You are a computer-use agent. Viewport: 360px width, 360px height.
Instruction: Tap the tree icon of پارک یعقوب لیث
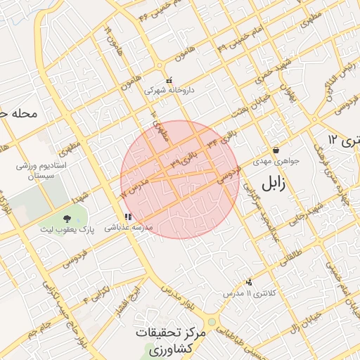click(x=67, y=219)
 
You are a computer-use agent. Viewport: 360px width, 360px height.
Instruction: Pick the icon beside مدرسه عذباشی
click(x=127, y=217)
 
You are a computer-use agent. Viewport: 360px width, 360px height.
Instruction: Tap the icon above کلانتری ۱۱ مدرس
click(x=248, y=281)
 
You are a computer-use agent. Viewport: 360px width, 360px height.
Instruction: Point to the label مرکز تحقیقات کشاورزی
click(x=173, y=340)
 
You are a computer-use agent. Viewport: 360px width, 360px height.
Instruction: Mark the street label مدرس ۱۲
click(x=131, y=187)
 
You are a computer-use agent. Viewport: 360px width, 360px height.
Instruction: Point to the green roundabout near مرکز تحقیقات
click(x=212, y=322)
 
